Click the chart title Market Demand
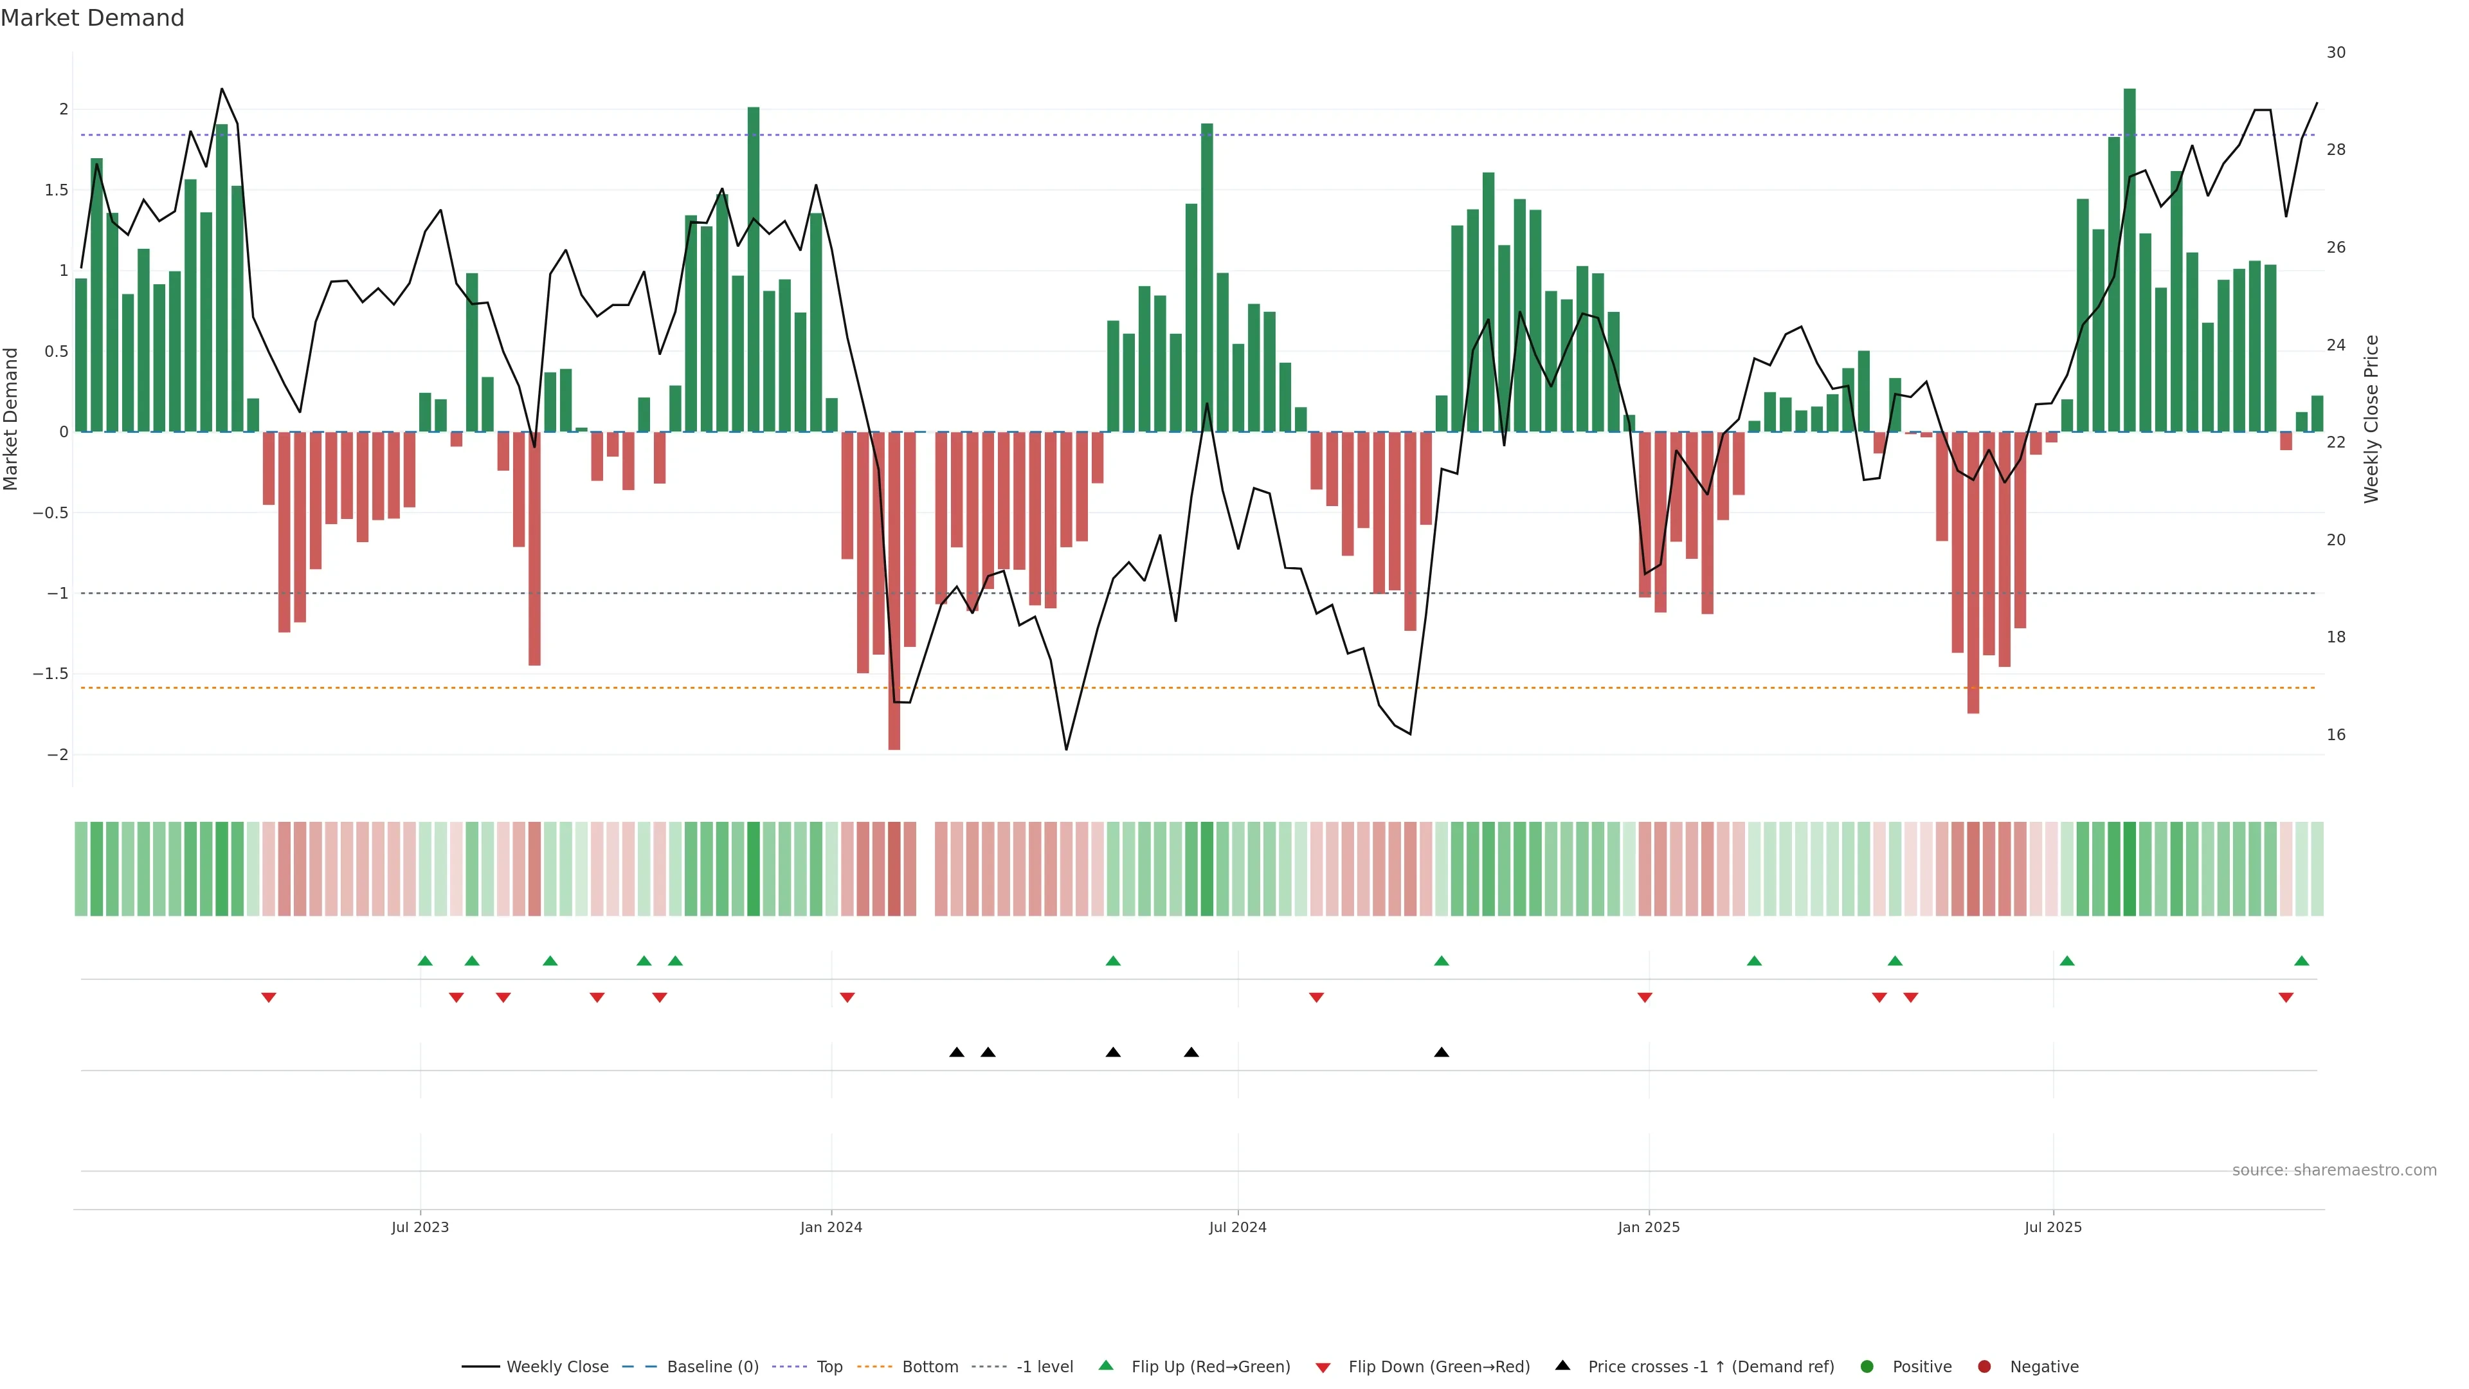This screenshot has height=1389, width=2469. [92, 18]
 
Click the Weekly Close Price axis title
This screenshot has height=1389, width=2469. [2371, 419]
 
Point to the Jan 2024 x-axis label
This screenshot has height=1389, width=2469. [831, 1227]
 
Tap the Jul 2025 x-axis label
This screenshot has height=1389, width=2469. [2053, 1227]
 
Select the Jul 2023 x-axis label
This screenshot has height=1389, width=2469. [420, 1227]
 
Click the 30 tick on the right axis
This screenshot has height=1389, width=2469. [2336, 53]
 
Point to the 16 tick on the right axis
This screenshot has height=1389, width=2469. [2336, 735]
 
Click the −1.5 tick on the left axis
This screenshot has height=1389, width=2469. [50, 674]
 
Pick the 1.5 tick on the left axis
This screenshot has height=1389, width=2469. [55, 190]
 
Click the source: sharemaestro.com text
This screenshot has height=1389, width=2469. [2334, 1170]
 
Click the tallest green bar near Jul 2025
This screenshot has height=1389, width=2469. [2130, 259]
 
